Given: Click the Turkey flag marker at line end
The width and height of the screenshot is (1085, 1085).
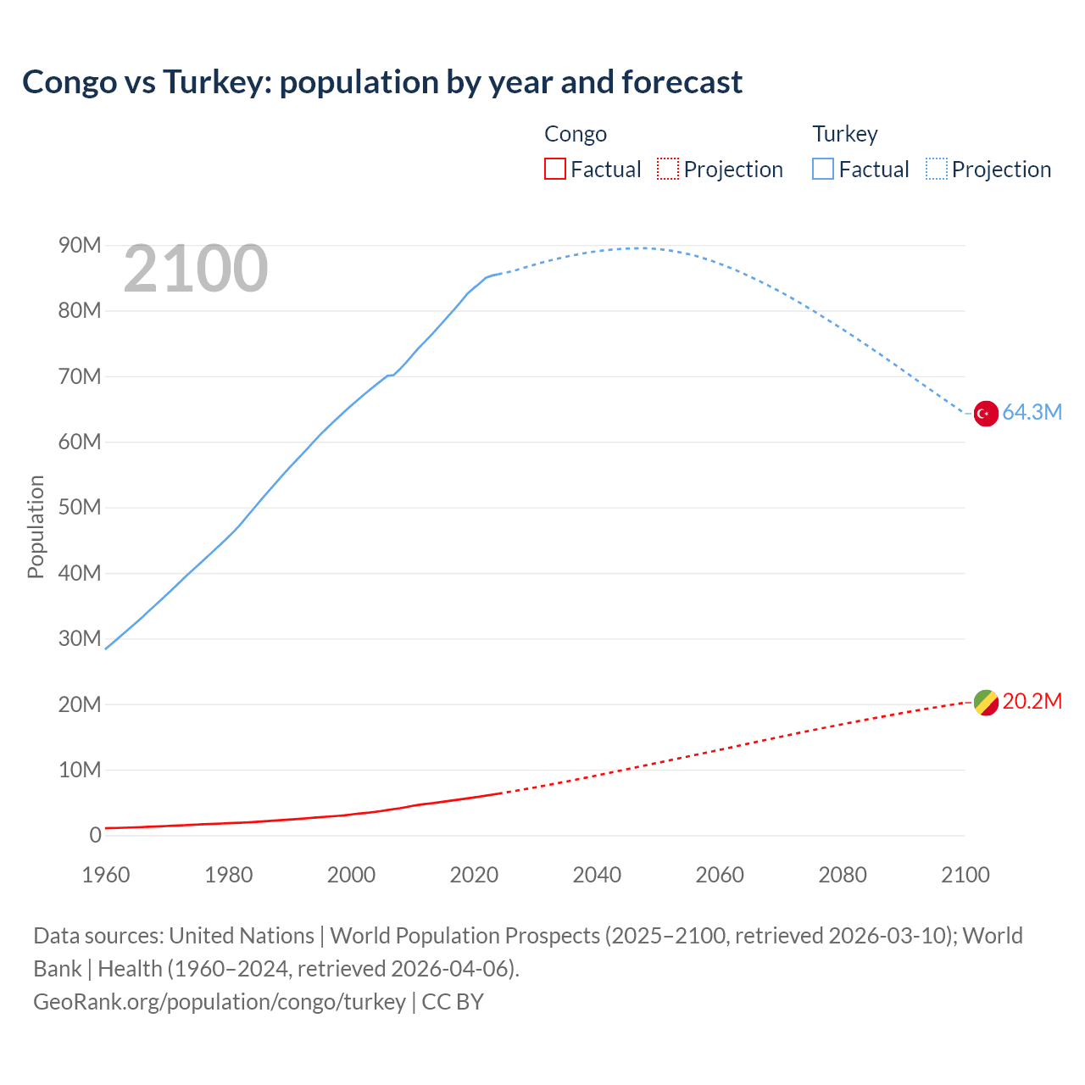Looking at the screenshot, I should pyautogui.click(x=985, y=414).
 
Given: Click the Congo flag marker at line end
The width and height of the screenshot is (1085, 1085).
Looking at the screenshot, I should pyautogui.click(x=985, y=703).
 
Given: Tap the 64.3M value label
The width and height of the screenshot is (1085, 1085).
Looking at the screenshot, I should pyautogui.click(x=1032, y=413).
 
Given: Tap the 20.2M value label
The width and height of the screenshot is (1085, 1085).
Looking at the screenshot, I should pyautogui.click(x=1032, y=702).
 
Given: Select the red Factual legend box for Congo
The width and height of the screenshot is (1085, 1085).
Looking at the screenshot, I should pyautogui.click(x=554, y=169).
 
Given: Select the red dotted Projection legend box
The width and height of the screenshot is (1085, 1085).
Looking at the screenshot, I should pyautogui.click(x=668, y=169).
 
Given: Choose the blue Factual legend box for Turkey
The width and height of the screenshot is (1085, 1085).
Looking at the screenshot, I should pyautogui.click(x=822, y=169).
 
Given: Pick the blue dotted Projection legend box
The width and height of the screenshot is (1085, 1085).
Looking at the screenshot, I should pyautogui.click(x=936, y=169).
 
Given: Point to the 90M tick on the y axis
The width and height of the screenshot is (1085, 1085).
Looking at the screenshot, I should pyautogui.click(x=80, y=246).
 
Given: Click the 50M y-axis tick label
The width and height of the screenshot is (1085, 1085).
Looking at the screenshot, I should pyautogui.click(x=80, y=508).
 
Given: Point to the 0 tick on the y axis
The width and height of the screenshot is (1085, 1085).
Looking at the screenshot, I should pyautogui.click(x=95, y=836).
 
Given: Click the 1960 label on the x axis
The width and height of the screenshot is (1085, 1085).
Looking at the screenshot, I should pyautogui.click(x=106, y=875).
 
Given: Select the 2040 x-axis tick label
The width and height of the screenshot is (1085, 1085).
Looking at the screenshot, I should pyautogui.click(x=597, y=875).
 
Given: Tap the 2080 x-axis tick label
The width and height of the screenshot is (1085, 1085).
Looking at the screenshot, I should pyautogui.click(x=843, y=875).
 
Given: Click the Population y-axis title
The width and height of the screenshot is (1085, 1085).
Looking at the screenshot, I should pyautogui.click(x=36, y=526).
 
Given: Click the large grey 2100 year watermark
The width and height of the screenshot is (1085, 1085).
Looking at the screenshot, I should pyautogui.click(x=196, y=270).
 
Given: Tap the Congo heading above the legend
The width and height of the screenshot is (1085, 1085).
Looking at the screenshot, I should pyautogui.click(x=576, y=134).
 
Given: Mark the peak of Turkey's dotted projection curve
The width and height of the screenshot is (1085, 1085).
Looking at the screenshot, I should pyautogui.click(x=637, y=248).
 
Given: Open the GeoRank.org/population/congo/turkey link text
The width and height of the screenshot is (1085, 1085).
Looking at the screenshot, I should pyautogui.click(x=220, y=1002).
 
